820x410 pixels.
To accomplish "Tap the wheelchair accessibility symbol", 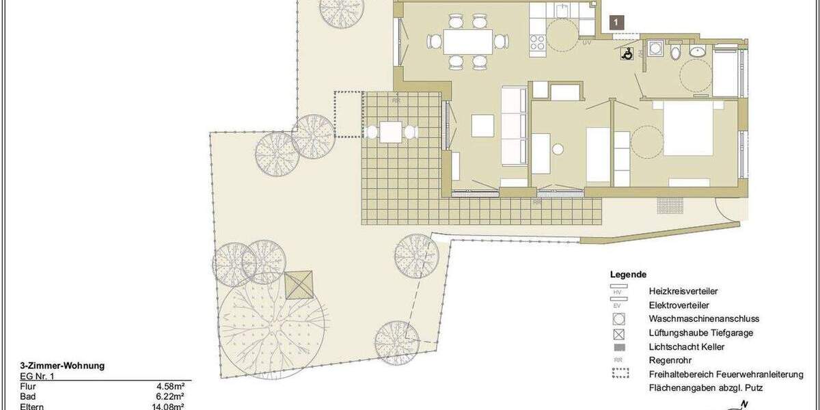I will tap(627, 55).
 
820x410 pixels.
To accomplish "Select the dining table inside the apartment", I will tap(468, 42).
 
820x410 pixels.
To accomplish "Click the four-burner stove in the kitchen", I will tap(537, 42).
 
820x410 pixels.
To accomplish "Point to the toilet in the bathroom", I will tap(674, 51).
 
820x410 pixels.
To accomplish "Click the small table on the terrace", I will tap(391, 131).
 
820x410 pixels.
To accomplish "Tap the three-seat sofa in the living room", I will tap(515, 126).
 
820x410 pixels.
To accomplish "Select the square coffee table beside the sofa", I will tap(482, 126).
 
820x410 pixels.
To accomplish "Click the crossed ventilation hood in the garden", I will tap(299, 285).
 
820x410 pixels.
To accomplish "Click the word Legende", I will tap(628, 275).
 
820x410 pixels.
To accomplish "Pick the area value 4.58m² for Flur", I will tap(171, 386).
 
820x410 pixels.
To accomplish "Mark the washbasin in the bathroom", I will tap(698, 51).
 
